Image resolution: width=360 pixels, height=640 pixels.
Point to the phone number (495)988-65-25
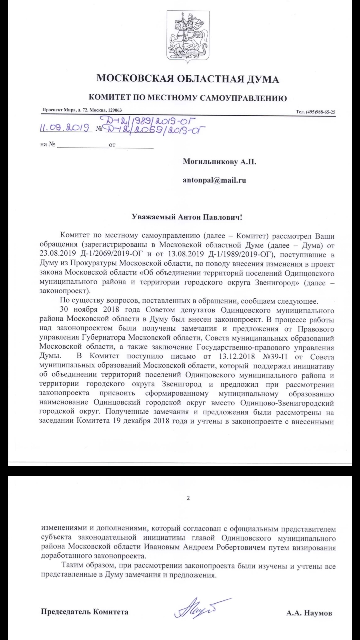click(x=316, y=112)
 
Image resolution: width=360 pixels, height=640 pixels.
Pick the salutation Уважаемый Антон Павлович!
click(x=187, y=217)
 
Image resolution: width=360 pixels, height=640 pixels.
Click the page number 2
click(x=188, y=498)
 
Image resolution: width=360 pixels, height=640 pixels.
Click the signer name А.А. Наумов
click(x=309, y=612)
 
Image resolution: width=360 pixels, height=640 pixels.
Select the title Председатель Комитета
click(x=84, y=612)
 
